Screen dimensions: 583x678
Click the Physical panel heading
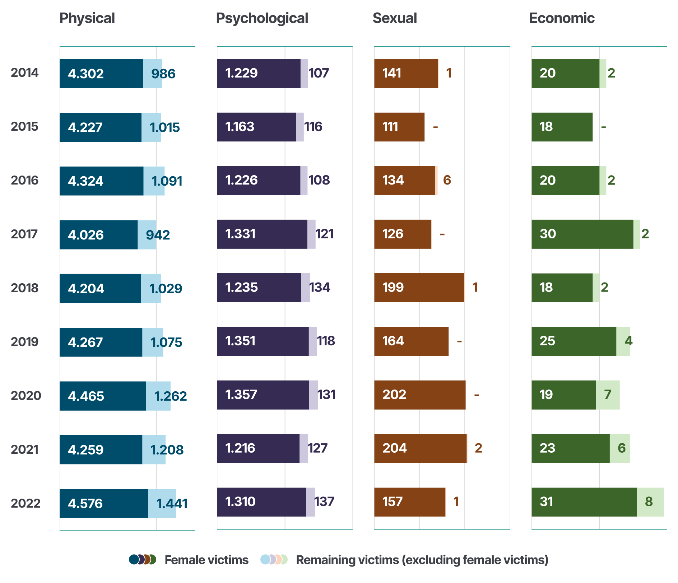[87, 18]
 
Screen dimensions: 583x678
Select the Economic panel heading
[562, 18]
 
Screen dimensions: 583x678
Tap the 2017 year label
[24, 234]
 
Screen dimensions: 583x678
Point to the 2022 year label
[25, 503]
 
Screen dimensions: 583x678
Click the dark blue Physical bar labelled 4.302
[101, 73]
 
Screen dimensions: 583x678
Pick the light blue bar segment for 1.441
[162, 503]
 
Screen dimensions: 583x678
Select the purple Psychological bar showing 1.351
[263, 341]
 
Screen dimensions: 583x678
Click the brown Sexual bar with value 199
[419, 288]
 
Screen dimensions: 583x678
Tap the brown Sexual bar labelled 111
[399, 127]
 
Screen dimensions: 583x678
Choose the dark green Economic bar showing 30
[582, 234]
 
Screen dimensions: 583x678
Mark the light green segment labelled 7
[608, 395]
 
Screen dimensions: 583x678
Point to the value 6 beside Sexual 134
[447, 180]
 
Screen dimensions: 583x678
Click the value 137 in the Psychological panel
[325, 502]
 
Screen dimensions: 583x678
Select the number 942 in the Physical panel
[158, 235]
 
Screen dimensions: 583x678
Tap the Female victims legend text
[206, 560]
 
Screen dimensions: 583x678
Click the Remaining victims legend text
[422, 560]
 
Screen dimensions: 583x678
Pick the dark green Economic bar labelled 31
[584, 502]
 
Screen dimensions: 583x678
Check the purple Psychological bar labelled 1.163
[256, 127]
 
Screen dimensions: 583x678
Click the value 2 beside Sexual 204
[478, 448]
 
